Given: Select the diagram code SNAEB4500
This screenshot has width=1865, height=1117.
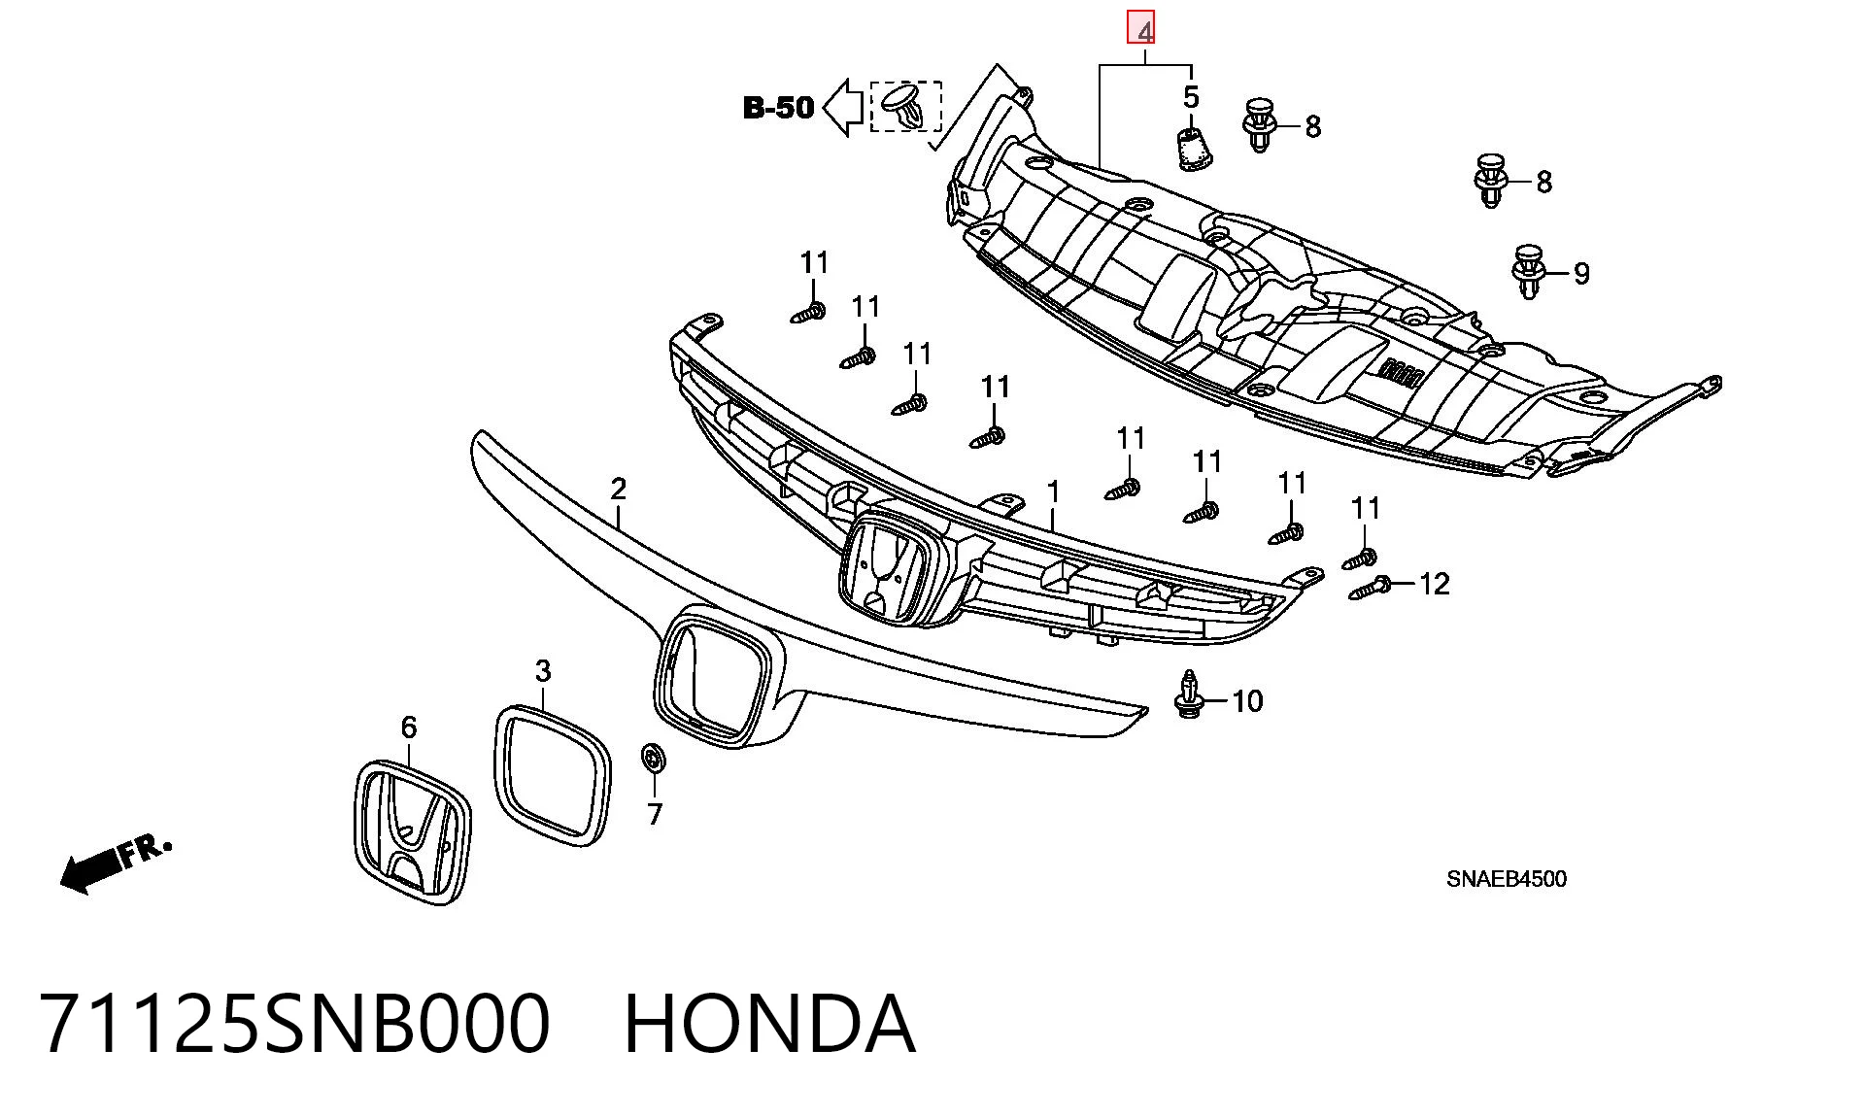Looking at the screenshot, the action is click(x=1506, y=879).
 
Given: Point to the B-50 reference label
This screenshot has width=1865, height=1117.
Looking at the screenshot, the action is click(x=778, y=107).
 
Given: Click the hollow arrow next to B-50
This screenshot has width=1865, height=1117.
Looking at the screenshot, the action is click(x=843, y=107).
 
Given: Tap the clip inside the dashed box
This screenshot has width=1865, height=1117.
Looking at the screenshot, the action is click(x=904, y=106).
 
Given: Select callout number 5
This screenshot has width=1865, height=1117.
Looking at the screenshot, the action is click(x=1191, y=97).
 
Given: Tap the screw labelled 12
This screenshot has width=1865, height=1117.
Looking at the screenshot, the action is click(x=1370, y=588).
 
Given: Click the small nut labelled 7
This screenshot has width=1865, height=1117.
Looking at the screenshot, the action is click(x=652, y=757).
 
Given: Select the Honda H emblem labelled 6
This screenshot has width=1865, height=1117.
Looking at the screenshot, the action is click(x=412, y=832).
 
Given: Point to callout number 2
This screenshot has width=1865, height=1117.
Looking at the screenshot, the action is click(x=619, y=489).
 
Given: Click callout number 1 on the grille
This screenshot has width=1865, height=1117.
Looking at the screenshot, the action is click(x=1054, y=493).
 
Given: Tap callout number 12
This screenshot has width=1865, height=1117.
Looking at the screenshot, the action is click(x=1434, y=584).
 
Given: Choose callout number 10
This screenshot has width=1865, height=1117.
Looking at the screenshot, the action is click(x=1248, y=701).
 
